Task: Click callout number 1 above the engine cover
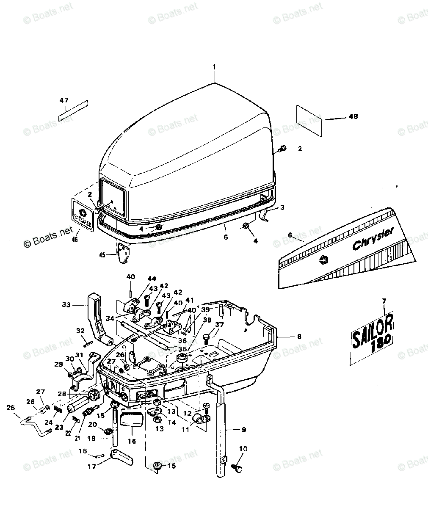[214, 66]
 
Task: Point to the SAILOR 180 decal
[372, 335]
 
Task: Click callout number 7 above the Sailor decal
[384, 301]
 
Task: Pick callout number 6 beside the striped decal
[290, 235]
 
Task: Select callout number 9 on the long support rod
[243, 430]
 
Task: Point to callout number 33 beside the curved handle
[66, 304]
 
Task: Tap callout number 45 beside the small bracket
[102, 254]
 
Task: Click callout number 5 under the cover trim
[226, 237]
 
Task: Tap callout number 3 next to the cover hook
[282, 208]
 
